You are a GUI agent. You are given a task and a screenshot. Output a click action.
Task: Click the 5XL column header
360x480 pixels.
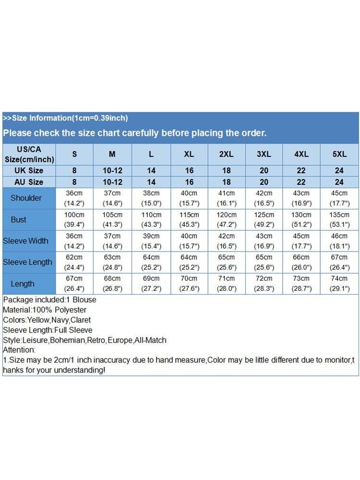339,154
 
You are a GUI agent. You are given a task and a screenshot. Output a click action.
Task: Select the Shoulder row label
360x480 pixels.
26,198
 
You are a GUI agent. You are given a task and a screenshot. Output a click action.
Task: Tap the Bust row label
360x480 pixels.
19,220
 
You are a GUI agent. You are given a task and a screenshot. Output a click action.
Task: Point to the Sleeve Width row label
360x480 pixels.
25,241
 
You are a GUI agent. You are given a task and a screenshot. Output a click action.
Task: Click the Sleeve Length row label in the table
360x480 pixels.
27,263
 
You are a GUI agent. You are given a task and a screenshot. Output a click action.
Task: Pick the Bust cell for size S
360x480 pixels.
74,220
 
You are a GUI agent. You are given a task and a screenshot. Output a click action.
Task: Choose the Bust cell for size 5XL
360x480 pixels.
339,220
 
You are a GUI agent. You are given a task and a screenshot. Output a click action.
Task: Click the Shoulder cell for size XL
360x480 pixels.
189,198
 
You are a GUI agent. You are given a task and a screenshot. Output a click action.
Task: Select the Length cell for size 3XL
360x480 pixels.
264,284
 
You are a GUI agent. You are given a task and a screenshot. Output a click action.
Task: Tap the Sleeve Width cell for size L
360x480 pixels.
151,241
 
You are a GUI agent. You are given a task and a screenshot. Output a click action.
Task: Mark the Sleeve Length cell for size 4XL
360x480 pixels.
301,263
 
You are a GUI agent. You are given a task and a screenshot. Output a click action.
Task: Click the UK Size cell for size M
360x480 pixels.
112,170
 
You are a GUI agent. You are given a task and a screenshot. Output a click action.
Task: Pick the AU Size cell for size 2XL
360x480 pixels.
226,182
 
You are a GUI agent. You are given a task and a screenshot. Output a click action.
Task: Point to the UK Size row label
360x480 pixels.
29,170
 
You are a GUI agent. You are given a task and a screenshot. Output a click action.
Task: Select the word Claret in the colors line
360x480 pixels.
81,320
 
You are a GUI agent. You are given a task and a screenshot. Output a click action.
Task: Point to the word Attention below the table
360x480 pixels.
19,350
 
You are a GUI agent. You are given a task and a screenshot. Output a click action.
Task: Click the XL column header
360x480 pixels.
189,154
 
